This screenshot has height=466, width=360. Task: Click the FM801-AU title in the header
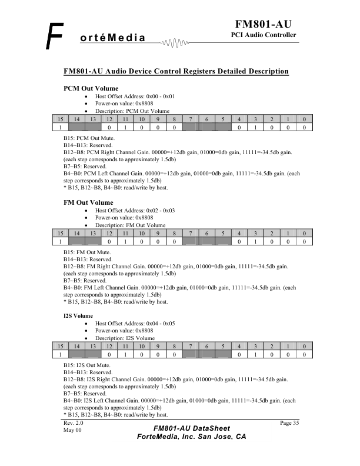(264, 24)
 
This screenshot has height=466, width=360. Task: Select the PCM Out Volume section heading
(91, 88)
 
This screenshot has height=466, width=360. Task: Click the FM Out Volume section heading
(88, 202)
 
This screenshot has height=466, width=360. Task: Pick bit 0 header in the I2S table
(304, 347)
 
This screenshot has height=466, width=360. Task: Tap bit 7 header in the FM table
(190, 234)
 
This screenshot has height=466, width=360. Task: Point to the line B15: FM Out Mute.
(86, 252)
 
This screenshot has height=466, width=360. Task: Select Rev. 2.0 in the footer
(74, 423)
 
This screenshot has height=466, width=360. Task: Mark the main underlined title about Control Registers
(176, 72)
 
